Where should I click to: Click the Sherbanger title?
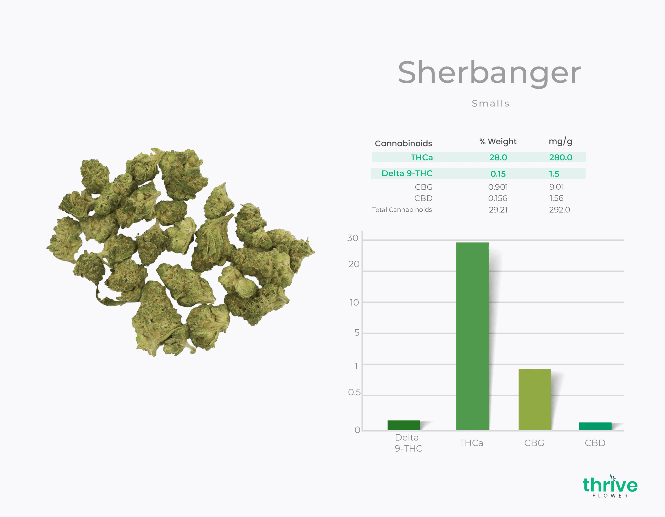[489, 73]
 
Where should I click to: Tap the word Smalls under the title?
[490, 103]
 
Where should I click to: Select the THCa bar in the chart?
[472, 336]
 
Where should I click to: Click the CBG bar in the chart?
[535, 400]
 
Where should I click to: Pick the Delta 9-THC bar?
[403, 425]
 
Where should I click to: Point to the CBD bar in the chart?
[595, 426]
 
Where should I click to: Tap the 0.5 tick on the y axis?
[354, 392]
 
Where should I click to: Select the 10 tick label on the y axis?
[354, 303]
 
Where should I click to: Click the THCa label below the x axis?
[471, 443]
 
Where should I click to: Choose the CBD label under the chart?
[595, 443]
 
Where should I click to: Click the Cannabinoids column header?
[403, 143]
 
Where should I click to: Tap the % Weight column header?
[498, 142]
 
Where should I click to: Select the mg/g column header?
[560, 142]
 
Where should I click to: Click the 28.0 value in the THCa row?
[498, 157]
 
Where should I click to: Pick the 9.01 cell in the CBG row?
[557, 187]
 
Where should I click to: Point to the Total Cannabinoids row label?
[402, 210]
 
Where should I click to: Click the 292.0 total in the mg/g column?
[560, 210]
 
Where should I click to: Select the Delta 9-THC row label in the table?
[407, 173]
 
